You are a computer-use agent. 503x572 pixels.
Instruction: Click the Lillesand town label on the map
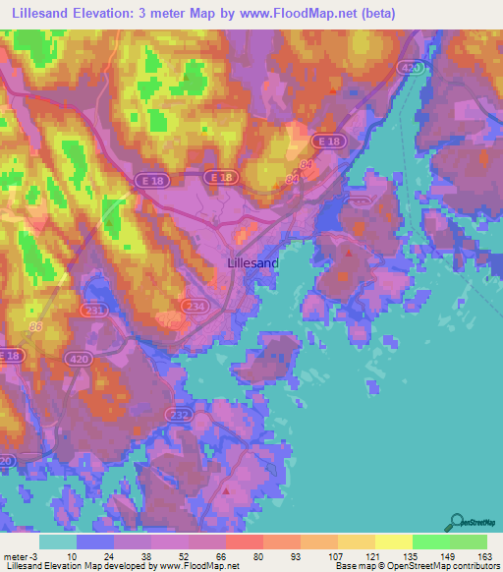[x=252, y=263]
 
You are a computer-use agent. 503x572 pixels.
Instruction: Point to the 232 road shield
[x=178, y=416]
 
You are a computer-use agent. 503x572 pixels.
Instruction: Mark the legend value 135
[x=412, y=555]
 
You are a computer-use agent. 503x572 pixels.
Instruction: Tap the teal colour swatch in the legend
[x=58, y=542]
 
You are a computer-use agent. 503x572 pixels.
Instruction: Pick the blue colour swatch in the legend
[x=95, y=542]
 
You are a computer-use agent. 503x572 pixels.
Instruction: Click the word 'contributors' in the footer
[x=473, y=566]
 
